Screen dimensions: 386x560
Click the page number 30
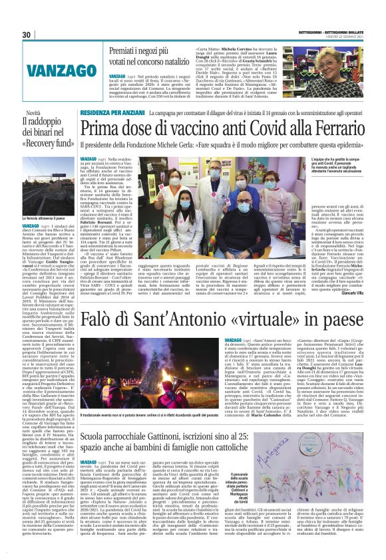(x=27, y=35)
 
